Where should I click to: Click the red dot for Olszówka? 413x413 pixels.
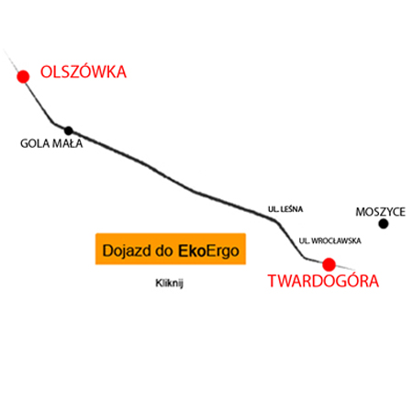(x=23, y=76)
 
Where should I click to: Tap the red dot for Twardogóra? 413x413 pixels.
(x=329, y=264)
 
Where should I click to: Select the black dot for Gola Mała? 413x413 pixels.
(x=69, y=130)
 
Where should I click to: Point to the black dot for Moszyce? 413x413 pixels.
(x=384, y=224)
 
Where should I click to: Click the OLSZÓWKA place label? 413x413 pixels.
(x=84, y=72)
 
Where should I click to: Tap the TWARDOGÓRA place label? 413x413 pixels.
(x=323, y=280)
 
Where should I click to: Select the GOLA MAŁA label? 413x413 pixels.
(x=51, y=143)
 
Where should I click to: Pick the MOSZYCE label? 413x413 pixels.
(x=381, y=212)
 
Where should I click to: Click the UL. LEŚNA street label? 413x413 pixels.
(x=285, y=209)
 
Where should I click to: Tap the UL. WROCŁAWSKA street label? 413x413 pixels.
(x=330, y=240)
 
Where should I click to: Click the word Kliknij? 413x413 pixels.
(x=169, y=283)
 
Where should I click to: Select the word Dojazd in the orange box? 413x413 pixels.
(x=127, y=251)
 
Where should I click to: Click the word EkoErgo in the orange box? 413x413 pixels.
(x=208, y=251)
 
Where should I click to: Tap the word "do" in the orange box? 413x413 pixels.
(x=165, y=251)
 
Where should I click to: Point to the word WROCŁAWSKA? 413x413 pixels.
(x=336, y=240)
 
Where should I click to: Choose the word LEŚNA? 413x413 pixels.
(x=292, y=209)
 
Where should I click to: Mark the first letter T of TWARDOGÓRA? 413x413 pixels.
(x=273, y=281)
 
